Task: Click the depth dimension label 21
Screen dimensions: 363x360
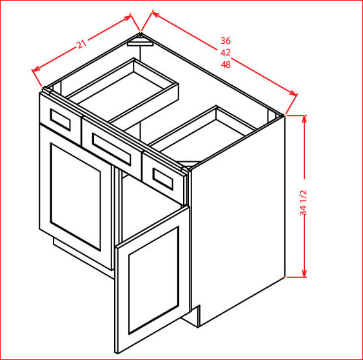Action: [x=81, y=44]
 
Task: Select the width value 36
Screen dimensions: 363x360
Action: [x=226, y=41]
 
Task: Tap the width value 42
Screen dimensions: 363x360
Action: [x=226, y=53]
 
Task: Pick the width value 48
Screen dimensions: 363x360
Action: [x=226, y=65]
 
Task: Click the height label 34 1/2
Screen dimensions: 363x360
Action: [x=303, y=203]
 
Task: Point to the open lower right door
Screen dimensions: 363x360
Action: [x=153, y=280]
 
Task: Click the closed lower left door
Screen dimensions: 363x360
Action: [x=75, y=197]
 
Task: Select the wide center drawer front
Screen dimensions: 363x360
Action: [x=112, y=148]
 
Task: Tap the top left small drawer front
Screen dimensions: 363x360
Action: [x=60, y=119]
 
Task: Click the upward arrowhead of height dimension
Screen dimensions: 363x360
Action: [x=304, y=119]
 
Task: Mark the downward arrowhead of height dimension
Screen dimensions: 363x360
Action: [x=304, y=273]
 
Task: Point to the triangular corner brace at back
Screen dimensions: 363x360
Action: [x=141, y=43]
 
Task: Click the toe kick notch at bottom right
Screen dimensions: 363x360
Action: [x=196, y=316]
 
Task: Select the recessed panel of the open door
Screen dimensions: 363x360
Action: [x=153, y=280]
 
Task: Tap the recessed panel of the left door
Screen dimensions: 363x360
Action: [x=75, y=197]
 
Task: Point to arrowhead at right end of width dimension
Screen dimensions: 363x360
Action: [x=293, y=93]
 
